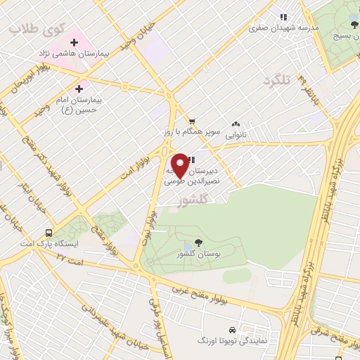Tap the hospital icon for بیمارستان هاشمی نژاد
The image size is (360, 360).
coord(74,42)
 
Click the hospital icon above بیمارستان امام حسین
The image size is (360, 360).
coord(79,89)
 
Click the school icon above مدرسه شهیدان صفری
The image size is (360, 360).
coord(284,18)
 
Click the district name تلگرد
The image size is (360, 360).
coord(276,80)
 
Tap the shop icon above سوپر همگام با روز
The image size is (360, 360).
coord(191,121)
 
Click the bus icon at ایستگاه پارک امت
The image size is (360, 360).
coord(49,233)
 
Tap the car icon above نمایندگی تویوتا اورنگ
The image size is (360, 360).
coord(231,330)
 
